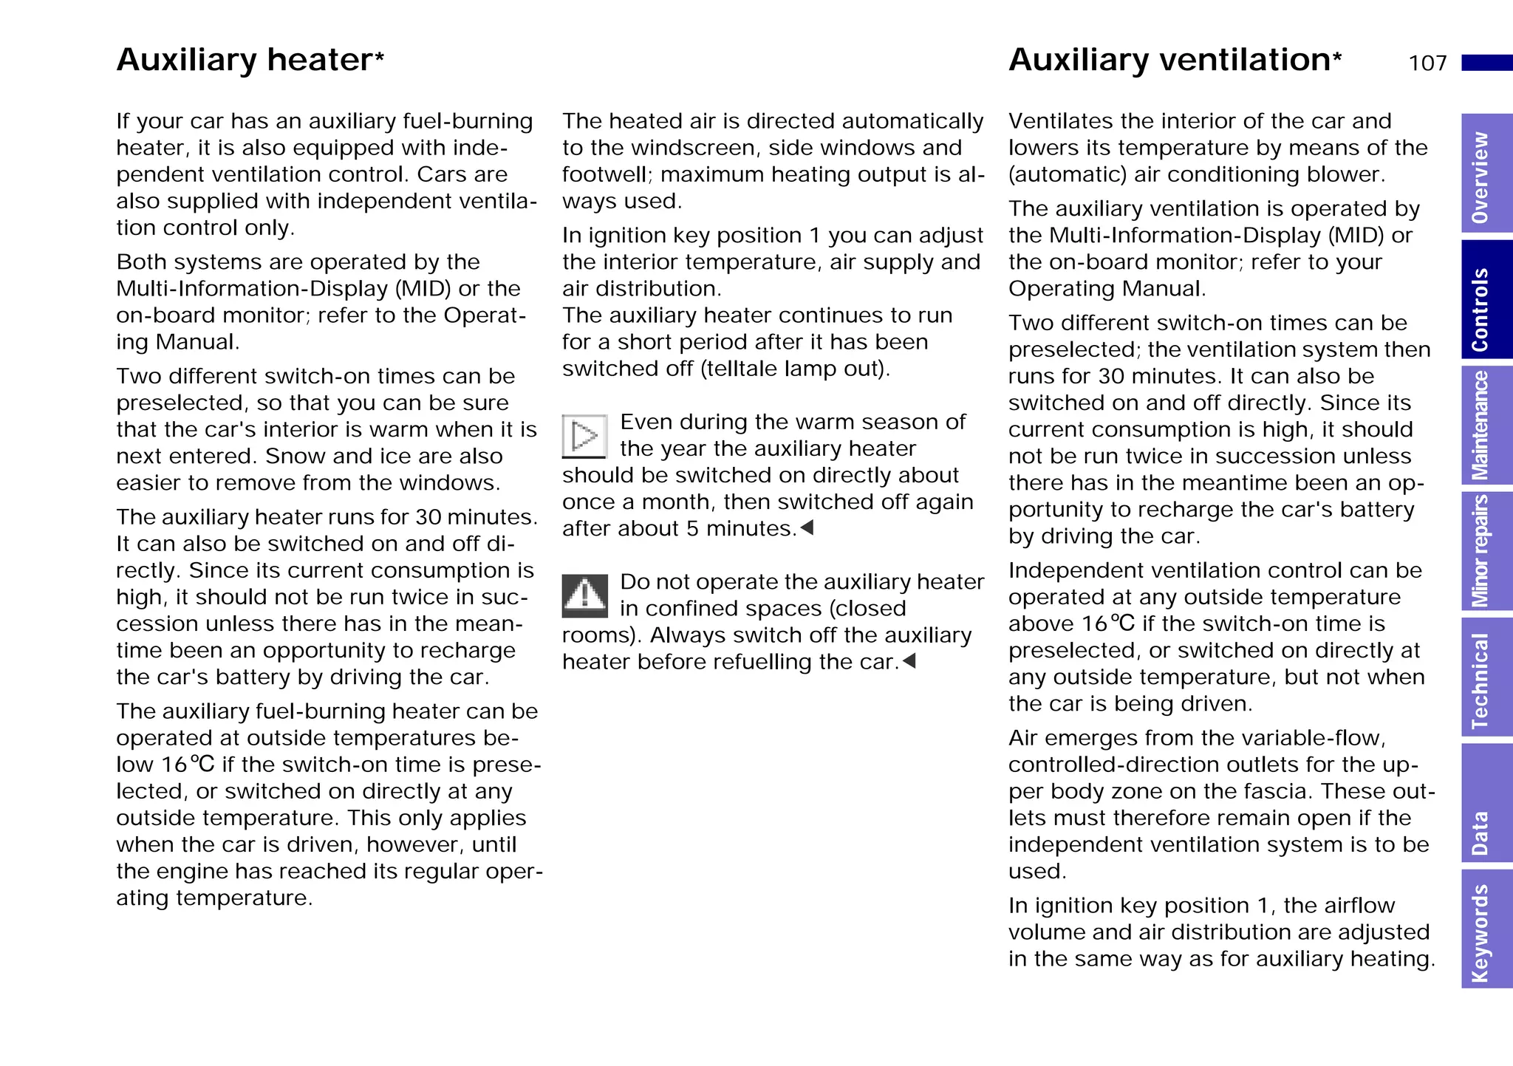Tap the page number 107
pyautogui.click(x=1427, y=64)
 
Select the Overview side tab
pyautogui.click(x=1485, y=174)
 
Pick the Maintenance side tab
pyautogui.click(x=1485, y=426)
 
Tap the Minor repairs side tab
pyautogui.click(x=1485, y=551)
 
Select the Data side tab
pyautogui.click(x=1485, y=803)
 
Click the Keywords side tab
pyautogui.click(x=1485, y=929)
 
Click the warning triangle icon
pyautogui.click(x=584, y=595)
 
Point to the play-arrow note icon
pyautogui.click(x=584, y=436)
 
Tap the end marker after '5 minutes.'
pyautogui.click(x=807, y=527)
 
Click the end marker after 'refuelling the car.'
pyautogui.click(x=909, y=660)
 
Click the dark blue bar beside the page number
pyautogui.click(x=1486, y=63)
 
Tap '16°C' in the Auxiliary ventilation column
pyautogui.click(x=1107, y=623)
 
